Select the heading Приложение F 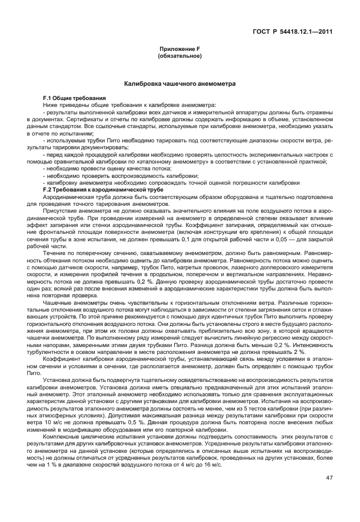(x=179, y=50)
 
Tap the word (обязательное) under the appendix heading (x=179, y=57)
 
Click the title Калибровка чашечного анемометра (x=179, y=84)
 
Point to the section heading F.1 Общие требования (x=70, y=99)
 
